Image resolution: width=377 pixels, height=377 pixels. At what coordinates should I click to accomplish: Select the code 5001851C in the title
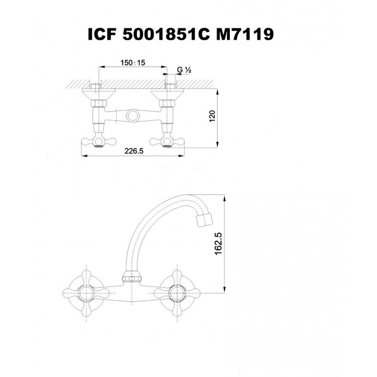[166, 34]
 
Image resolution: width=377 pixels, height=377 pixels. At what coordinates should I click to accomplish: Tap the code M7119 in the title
[245, 34]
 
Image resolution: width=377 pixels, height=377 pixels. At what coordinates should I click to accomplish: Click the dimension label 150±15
[133, 63]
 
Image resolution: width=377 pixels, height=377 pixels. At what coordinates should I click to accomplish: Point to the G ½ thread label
[184, 70]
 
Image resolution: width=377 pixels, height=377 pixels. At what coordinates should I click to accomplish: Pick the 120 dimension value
[212, 116]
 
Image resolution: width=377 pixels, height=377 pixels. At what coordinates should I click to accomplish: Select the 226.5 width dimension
[134, 151]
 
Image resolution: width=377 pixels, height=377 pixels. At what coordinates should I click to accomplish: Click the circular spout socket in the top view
[133, 116]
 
